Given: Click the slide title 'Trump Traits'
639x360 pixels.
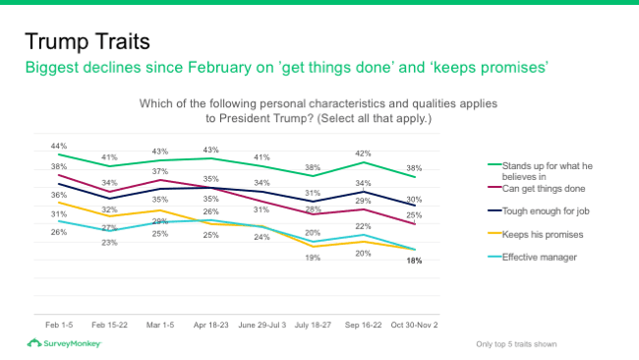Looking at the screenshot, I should (87, 42).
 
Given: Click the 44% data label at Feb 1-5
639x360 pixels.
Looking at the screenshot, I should (59, 146).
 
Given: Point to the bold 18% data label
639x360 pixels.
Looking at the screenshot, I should (415, 261).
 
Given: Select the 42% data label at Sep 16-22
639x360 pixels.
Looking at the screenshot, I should (363, 153).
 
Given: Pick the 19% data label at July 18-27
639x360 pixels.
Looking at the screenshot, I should (313, 257).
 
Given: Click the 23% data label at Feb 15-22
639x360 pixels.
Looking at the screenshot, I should (110, 242).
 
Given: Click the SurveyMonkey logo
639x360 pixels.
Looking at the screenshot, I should (64, 343).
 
